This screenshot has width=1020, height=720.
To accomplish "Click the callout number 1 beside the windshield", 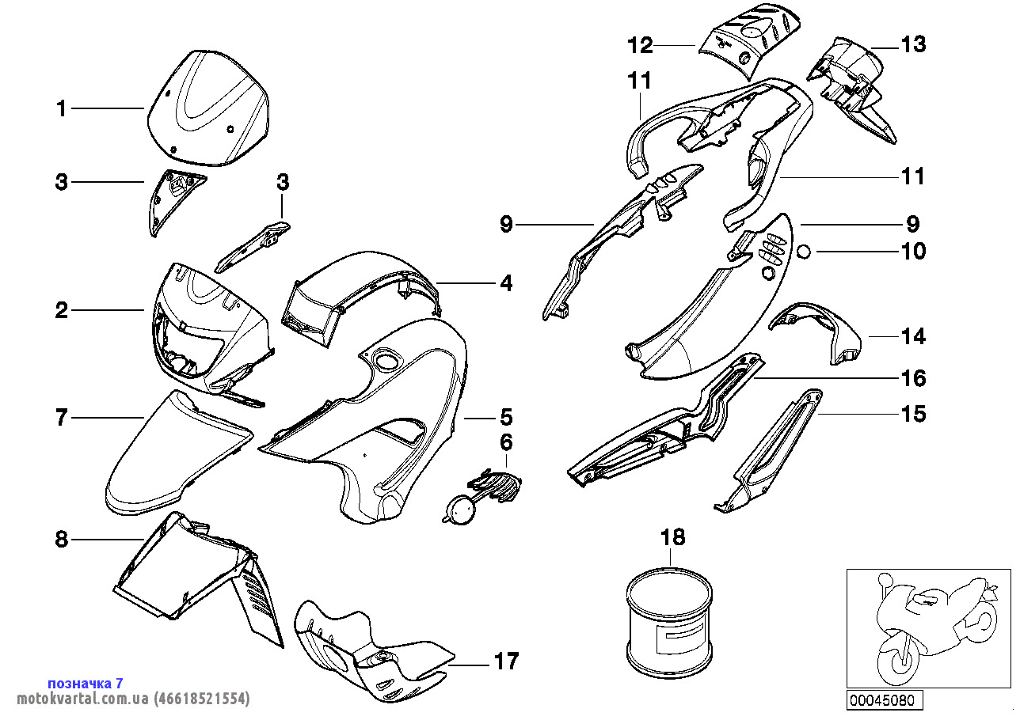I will pos(62,108).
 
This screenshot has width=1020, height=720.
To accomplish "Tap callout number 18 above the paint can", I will pos(673,538).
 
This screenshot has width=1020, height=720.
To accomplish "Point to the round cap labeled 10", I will pos(804,252).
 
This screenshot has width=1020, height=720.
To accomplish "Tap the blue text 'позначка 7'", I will pos(86,683).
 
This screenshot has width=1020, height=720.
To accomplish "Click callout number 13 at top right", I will pos(913,45).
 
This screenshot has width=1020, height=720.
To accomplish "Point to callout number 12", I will pos(640,46).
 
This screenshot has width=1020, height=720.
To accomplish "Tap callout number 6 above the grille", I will pos(506,442).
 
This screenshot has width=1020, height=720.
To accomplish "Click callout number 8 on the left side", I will pos(62,540).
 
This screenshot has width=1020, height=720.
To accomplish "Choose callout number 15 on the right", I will pos(913,414).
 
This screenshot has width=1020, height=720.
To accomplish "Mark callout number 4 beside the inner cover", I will pos(505,282).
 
